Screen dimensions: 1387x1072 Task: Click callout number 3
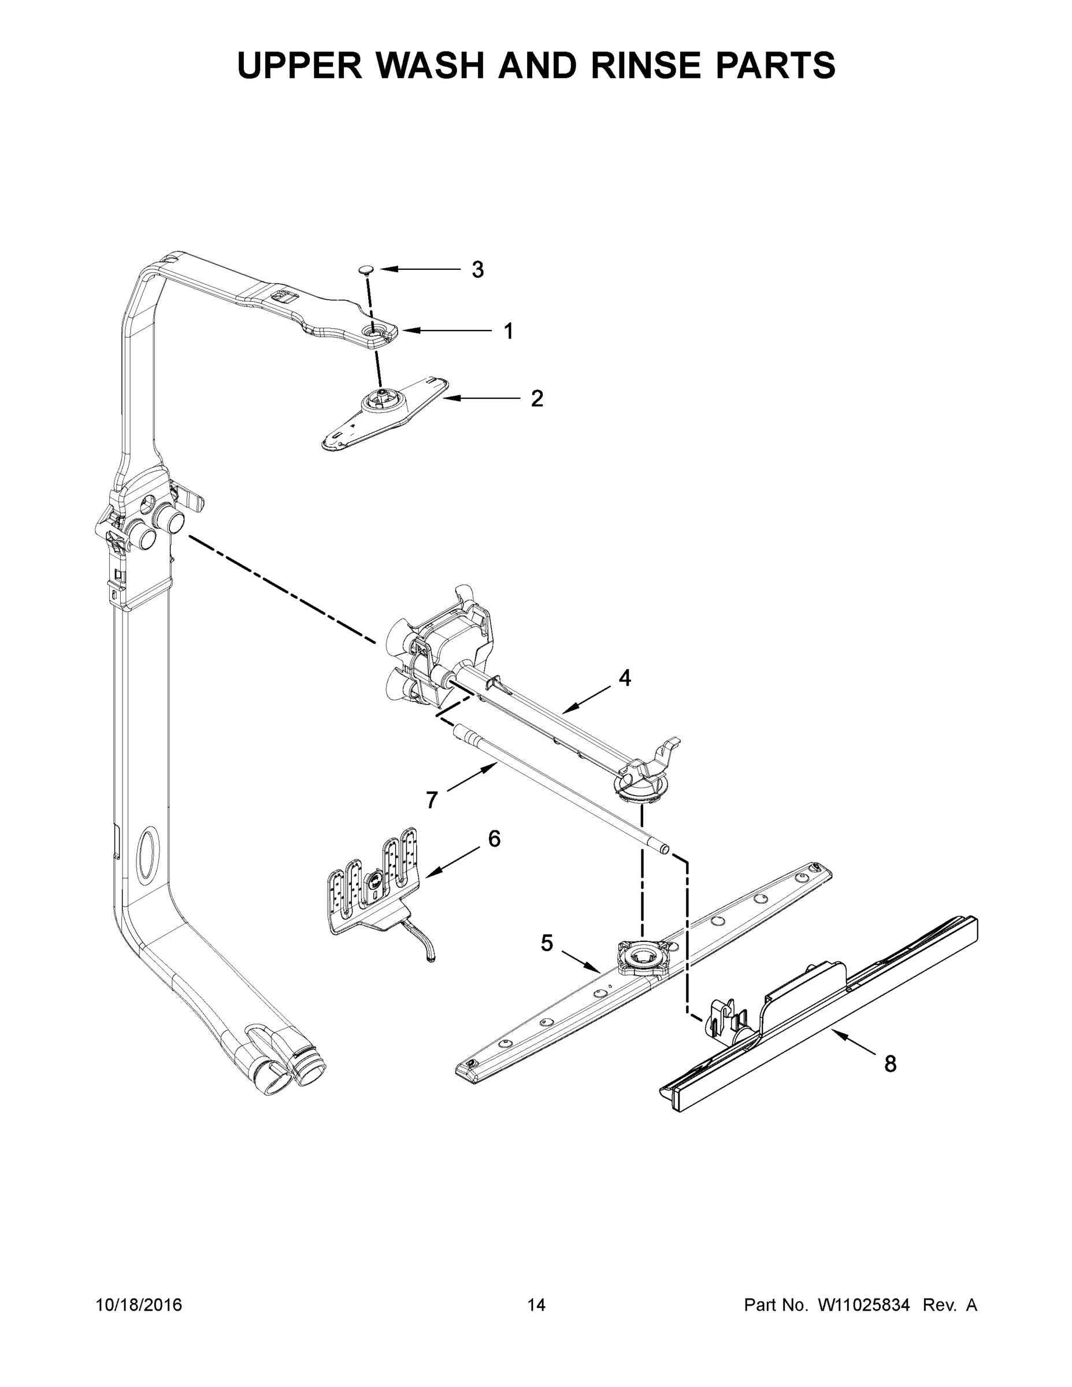tap(477, 270)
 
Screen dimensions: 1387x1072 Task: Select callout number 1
tap(508, 331)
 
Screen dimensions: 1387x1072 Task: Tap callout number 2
tap(537, 399)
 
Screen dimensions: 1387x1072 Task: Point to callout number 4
tap(625, 678)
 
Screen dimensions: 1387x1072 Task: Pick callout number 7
tap(432, 800)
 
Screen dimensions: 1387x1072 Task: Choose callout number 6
tap(494, 839)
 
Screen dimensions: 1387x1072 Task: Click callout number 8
tap(891, 1064)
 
